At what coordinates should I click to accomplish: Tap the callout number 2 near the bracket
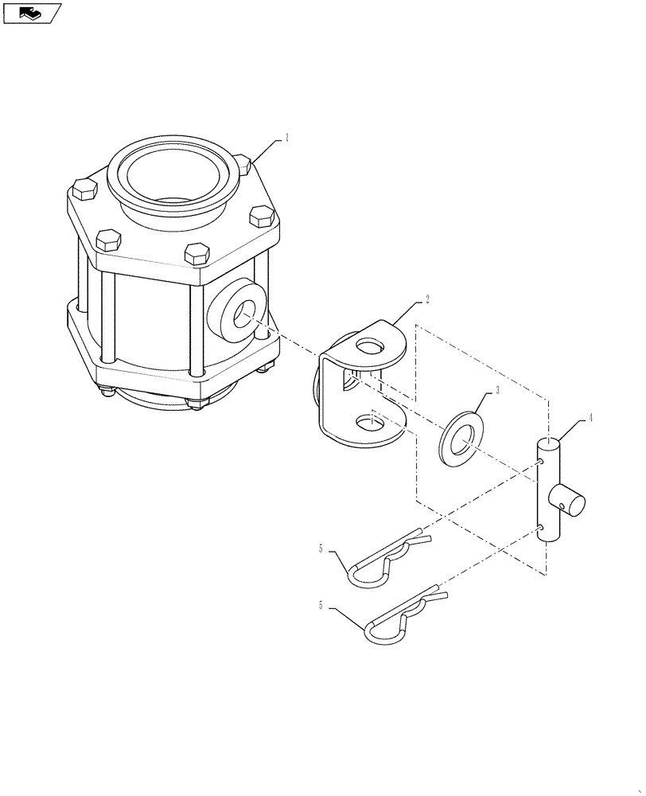tap(426, 299)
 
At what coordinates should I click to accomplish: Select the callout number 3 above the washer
tap(497, 390)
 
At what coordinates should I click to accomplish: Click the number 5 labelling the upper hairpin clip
tap(321, 548)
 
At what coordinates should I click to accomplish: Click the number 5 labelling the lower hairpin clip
tap(321, 606)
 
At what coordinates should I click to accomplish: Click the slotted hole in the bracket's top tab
tap(369, 346)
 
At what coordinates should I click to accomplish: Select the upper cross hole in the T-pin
tap(541, 460)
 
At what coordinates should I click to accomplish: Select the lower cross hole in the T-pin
tap(541, 527)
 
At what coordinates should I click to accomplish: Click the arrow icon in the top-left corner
tap(31, 13)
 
